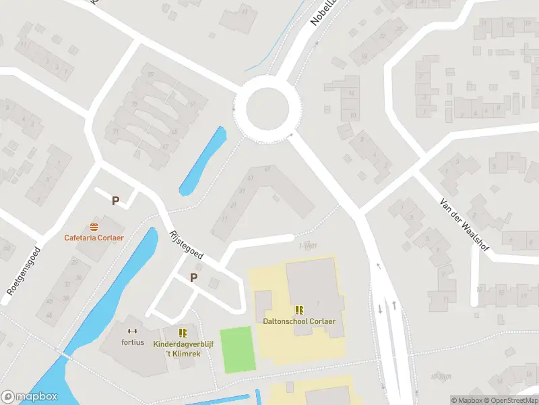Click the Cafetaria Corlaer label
click(94, 238)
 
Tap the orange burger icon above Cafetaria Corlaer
click(94, 226)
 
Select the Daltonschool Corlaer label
click(299, 321)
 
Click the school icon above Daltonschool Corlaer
click(299, 310)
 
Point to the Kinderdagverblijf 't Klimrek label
click(183, 349)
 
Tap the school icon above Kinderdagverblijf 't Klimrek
click(183, 333)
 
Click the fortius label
click(133, 342)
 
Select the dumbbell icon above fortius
click(133, 331)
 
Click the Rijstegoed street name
click(186, 244)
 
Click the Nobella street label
click(323, 12)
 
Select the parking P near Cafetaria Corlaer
click(116, 201)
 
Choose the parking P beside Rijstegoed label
click(194, 277)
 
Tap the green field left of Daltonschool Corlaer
click(239, 349)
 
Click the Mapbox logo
click(29, 397)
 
